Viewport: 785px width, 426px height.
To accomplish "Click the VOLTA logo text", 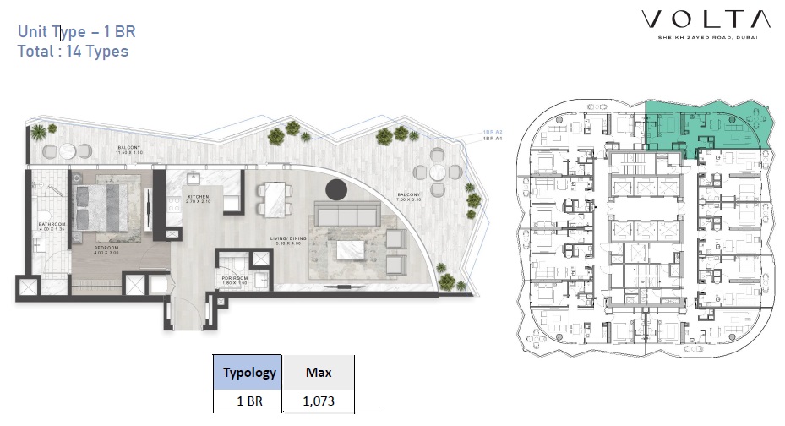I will point(705,19).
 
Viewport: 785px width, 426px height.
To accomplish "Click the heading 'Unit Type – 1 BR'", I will point(77,32).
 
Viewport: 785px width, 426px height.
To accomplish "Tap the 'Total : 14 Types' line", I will point(73,51).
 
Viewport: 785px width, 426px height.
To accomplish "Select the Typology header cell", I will point(249,372).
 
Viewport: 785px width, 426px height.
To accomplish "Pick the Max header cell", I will point(318,372).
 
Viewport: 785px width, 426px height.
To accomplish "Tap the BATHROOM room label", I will point(52,226).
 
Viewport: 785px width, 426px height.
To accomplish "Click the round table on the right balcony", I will point(438,171).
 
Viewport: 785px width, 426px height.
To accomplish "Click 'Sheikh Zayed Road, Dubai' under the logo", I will point(705,37).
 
